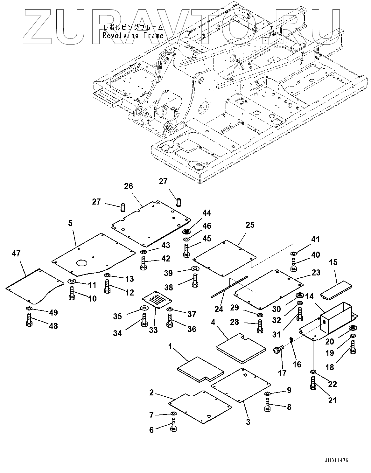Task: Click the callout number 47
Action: point(16,254)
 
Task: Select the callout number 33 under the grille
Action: point(154,330)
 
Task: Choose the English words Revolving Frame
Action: point(133,36)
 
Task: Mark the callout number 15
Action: point(333,263)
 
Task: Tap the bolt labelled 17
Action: point(277,351)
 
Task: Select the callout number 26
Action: point(129,186)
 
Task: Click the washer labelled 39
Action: point(194,269)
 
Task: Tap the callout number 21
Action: point(332,400)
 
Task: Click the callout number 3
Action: point(248,422)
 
